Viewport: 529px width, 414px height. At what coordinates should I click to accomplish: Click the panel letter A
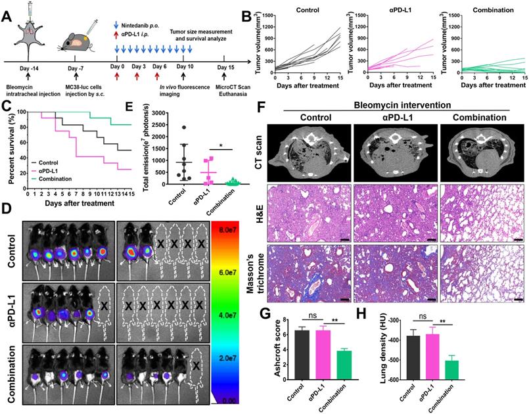(x=7, y=12)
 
